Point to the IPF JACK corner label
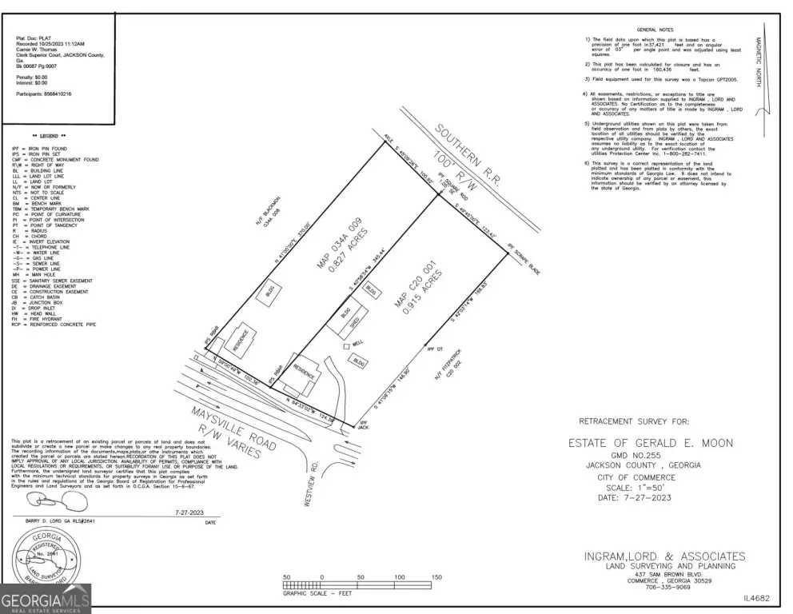click(x=363, y=422)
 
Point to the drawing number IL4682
click(x=755, y=597)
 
